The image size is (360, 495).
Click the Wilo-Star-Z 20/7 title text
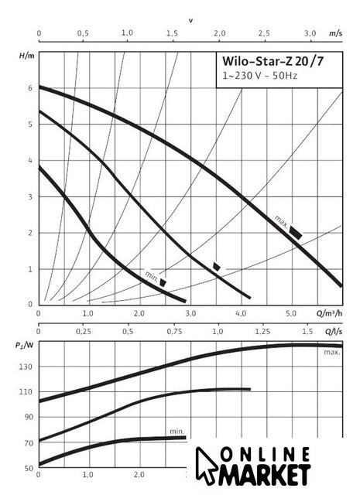click(273, 61)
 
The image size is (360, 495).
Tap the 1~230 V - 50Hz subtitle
click(260, 76)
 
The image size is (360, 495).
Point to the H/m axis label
click(27, 56)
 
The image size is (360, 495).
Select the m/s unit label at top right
click(336, 33)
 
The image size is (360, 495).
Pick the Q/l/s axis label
click(334, 332)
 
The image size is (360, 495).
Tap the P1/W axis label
click(24, 345)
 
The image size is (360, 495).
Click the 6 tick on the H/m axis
click(30, 88)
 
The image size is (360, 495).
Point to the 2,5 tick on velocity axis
click(264, 33)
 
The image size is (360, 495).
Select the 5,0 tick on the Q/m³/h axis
click(291, 313)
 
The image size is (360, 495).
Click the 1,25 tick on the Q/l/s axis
click(262, 332)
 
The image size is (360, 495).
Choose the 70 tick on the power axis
click(29, 443)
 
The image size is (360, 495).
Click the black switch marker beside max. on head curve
click(296, 233)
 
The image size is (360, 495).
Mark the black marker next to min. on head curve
click(163, 282)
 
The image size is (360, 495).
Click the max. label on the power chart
click(332, 353)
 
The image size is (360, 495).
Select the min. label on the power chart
click(177, 432)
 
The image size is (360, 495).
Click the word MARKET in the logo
click(264, 474)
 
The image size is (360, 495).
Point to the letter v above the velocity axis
click(191, 21)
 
